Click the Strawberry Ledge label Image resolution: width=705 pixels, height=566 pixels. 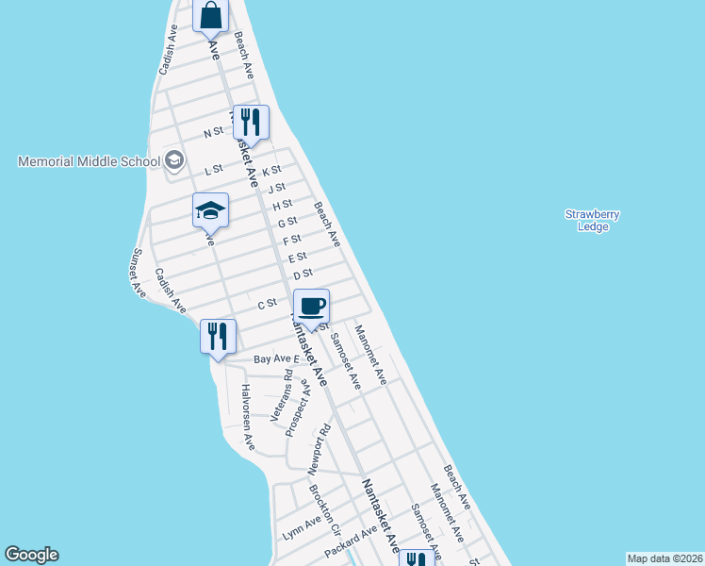click(x=592, y=220)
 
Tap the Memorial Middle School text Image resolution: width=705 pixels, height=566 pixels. click(x=90, y=161)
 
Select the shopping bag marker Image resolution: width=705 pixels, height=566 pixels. click(x=211, y=15)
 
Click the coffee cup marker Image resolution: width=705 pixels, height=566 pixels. click(x=311, y=306)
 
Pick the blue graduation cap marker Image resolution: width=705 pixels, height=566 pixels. click(x=210, y=210)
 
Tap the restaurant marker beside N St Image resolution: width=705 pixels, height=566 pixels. click(x=251, y=122)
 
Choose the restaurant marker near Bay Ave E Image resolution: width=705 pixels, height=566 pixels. click(x=218, y=336)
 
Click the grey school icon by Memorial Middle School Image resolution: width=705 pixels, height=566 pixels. click(x=173, y=160)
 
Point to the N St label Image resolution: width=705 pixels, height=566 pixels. click(x=213, y=133)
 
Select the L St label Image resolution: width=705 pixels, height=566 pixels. click(x=213, y=170)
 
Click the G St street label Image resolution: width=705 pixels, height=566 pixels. click(x=287, y=222)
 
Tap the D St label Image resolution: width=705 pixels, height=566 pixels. click(x=303, y=275)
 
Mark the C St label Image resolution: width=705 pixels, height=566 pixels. click(x=267, y=304)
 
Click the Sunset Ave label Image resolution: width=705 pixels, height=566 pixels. click(x=138, y=273)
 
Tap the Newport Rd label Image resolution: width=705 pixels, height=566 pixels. click(x=321, y=448)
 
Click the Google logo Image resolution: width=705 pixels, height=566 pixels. click(x=31, y=555)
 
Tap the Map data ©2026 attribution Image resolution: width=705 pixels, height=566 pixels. click(x=664, y=558)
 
